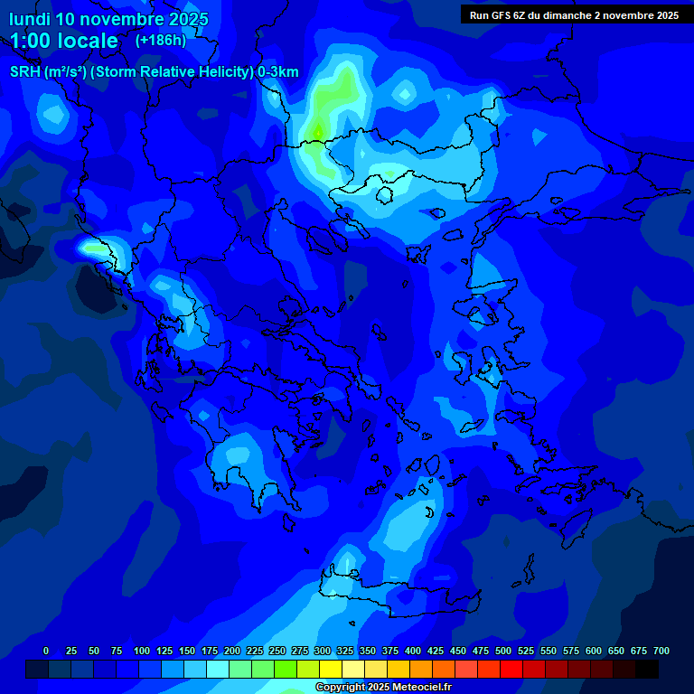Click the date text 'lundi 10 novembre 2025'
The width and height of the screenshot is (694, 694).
[108, 19]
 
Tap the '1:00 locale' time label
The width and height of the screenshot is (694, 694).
[64, 41]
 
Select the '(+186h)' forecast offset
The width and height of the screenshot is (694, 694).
[160, 40]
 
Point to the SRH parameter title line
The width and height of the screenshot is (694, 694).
[154, 72]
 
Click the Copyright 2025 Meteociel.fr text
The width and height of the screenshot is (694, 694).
[383, 687]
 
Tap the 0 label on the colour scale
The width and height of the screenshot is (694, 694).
[46, 651]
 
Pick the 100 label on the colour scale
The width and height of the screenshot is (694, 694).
[142, 651]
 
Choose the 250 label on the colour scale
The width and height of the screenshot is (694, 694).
[277, 651]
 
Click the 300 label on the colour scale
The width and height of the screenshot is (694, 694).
[323, 651]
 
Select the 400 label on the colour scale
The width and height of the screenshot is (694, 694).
[413, 651]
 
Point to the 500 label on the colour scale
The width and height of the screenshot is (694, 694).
[503, 651]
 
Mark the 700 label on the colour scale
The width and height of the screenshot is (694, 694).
[661, 651]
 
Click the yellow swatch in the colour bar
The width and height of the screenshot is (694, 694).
[331, 669]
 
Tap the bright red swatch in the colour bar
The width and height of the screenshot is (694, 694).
[511, 669]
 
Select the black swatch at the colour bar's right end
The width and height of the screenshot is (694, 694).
[647, 669]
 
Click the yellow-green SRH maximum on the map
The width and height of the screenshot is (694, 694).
[318, 133]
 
